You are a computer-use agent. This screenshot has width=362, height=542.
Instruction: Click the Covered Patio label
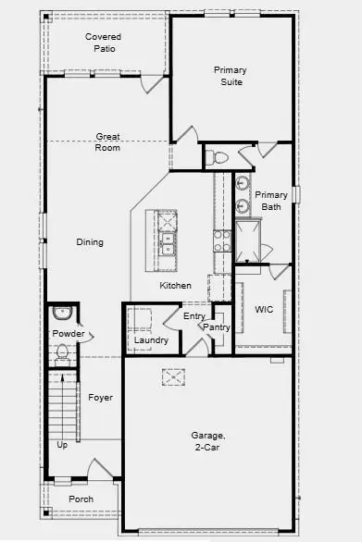point(104,43)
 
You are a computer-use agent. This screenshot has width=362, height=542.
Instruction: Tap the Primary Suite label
point(230,76)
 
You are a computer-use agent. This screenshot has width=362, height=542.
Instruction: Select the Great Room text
point(108,142)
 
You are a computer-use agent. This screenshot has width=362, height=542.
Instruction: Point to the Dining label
point(90,242)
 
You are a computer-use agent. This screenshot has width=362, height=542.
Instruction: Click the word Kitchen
point(175,285)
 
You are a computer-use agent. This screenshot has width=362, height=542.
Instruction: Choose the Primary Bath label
point(271,201)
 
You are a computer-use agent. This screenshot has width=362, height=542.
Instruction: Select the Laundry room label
point(151,340)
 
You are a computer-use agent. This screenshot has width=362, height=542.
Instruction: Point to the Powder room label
point(69,334)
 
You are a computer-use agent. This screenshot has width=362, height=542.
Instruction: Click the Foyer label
point(100,398)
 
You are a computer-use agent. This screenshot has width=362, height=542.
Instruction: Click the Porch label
point(81,499)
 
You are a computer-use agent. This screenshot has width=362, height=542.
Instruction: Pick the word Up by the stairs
point(62,445)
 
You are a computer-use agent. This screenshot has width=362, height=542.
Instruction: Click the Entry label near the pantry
point(193,316)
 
